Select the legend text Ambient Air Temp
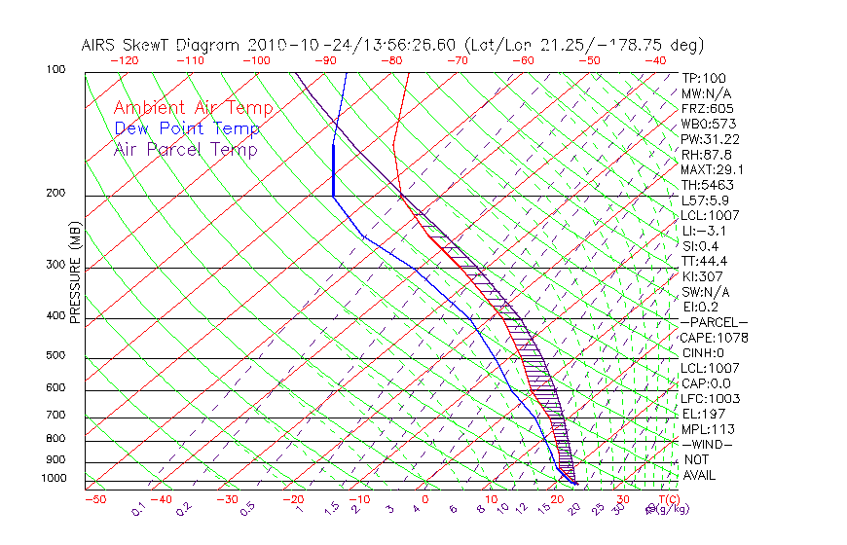(193, 108)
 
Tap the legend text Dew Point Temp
(187, 128)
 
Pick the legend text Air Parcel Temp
(185, 149)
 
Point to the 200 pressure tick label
(55, 194)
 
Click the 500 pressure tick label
(55, 356)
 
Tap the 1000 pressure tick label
(54, 479)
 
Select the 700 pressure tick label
(55, 416)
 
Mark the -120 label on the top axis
(124, 60)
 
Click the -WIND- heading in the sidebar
(708, 444)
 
